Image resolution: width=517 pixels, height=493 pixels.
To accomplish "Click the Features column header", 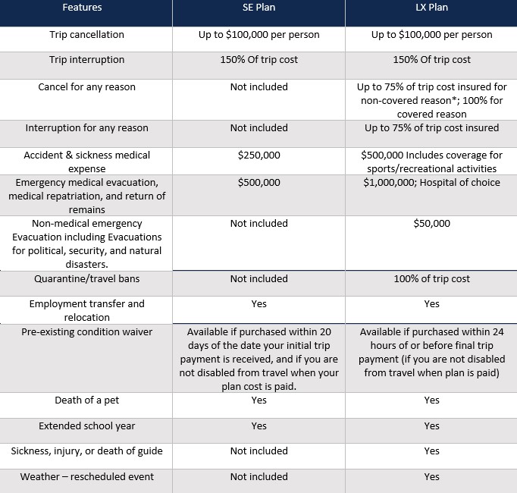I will [86, 8].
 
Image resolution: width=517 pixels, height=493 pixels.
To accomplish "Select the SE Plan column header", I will [258, 8].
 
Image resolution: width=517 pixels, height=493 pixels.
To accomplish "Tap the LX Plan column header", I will [431, 8].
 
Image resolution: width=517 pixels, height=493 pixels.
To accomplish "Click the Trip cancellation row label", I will [86, 35].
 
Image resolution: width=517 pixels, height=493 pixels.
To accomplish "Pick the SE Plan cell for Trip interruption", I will [258, 60].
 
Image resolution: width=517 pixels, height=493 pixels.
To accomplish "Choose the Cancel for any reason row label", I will [86, 87].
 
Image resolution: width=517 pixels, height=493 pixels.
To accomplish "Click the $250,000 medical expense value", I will [258, 155].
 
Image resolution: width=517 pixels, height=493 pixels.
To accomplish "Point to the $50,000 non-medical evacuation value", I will [431, 224].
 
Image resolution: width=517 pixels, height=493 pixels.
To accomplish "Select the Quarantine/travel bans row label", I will [86, 279].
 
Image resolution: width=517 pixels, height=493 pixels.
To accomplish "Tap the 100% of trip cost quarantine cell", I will [431, 279].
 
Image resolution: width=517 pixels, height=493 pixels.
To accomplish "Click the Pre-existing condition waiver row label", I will [86, 331].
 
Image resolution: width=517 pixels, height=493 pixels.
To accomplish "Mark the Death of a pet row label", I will [86, 400].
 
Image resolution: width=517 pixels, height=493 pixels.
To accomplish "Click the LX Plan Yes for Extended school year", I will [431, 426].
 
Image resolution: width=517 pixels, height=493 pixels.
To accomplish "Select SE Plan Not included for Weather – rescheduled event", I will [258, 477].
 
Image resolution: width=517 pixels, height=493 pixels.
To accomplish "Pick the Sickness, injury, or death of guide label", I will [86, 451].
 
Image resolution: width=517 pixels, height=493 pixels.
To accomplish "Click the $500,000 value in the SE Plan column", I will [258, 183].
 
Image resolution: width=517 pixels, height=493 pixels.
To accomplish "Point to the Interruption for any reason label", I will [86, 128].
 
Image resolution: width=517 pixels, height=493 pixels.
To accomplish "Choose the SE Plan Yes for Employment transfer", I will [258, 304].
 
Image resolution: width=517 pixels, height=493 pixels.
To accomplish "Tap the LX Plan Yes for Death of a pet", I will [431, 400].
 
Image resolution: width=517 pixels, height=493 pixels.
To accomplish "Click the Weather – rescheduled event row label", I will [86, 477].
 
